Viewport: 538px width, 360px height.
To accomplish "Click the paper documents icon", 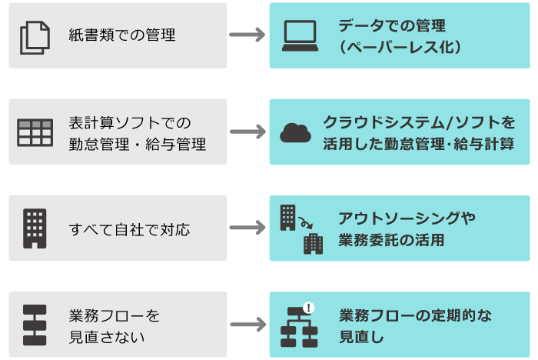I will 34,37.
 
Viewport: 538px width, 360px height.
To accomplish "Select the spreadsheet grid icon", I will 35,132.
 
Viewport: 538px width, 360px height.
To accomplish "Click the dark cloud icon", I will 296,132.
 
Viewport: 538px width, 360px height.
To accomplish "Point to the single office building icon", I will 35,228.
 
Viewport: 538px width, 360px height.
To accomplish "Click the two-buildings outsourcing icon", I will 301,228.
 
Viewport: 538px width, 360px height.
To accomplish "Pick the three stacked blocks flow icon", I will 35,325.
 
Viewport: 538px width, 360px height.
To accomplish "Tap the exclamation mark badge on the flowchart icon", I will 309,308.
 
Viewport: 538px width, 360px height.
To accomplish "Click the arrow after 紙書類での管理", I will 247,35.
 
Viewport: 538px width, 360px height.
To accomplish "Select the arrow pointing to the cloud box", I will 247,132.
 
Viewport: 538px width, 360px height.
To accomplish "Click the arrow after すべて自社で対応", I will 247,228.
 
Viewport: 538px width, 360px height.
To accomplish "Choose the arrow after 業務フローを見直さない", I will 247,325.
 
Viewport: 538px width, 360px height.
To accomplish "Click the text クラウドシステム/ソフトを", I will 419,122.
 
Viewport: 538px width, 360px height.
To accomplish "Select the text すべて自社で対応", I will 129,229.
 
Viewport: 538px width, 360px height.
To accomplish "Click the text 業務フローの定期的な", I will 415,315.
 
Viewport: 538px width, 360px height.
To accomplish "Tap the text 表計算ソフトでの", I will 129,122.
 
